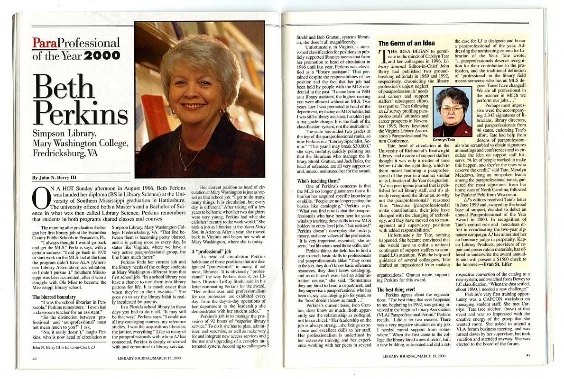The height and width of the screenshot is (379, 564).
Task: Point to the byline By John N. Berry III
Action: pyautogui.click(x=54, y=178)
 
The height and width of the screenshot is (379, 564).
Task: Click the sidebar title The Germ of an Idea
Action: pyautogui.click(x=406, y=44)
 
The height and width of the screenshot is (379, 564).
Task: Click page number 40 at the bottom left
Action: pyautogui.click(x=35, y=358)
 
